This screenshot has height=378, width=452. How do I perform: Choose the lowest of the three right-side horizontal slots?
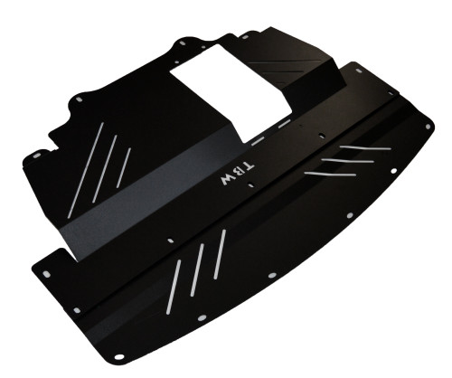coord(327,169)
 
